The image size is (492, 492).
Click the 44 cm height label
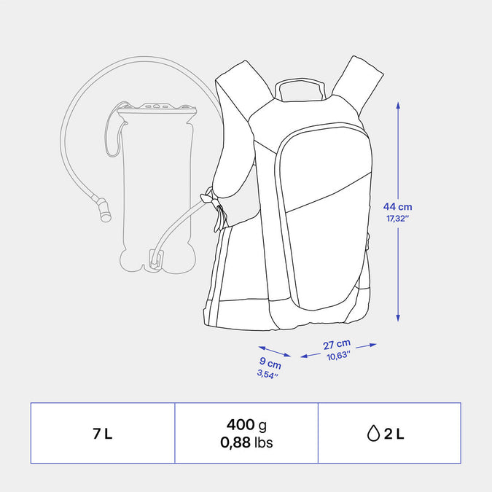click(x=397, y=207)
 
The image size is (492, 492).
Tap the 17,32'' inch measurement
click(x=397, y=219)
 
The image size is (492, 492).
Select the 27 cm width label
click(x=337, y=344)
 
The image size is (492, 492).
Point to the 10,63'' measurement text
click(x=338, y=356)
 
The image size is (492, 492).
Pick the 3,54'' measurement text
click(x=268, y=374)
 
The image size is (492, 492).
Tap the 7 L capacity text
click(x=102, y=434)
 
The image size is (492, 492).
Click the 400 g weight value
click(x=246, y=425)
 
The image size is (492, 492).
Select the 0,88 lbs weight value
click(x=246, y=442)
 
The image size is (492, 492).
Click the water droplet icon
click(x=373, y=433)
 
